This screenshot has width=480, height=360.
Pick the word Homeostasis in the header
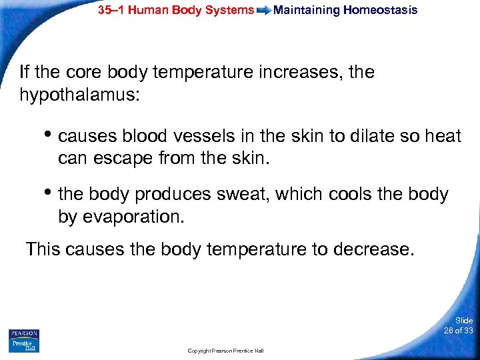click(380, 10)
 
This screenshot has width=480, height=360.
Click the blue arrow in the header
click(264, 11)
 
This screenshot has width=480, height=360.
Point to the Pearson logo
click(24, 333)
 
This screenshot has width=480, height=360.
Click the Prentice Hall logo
click(24, 345)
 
